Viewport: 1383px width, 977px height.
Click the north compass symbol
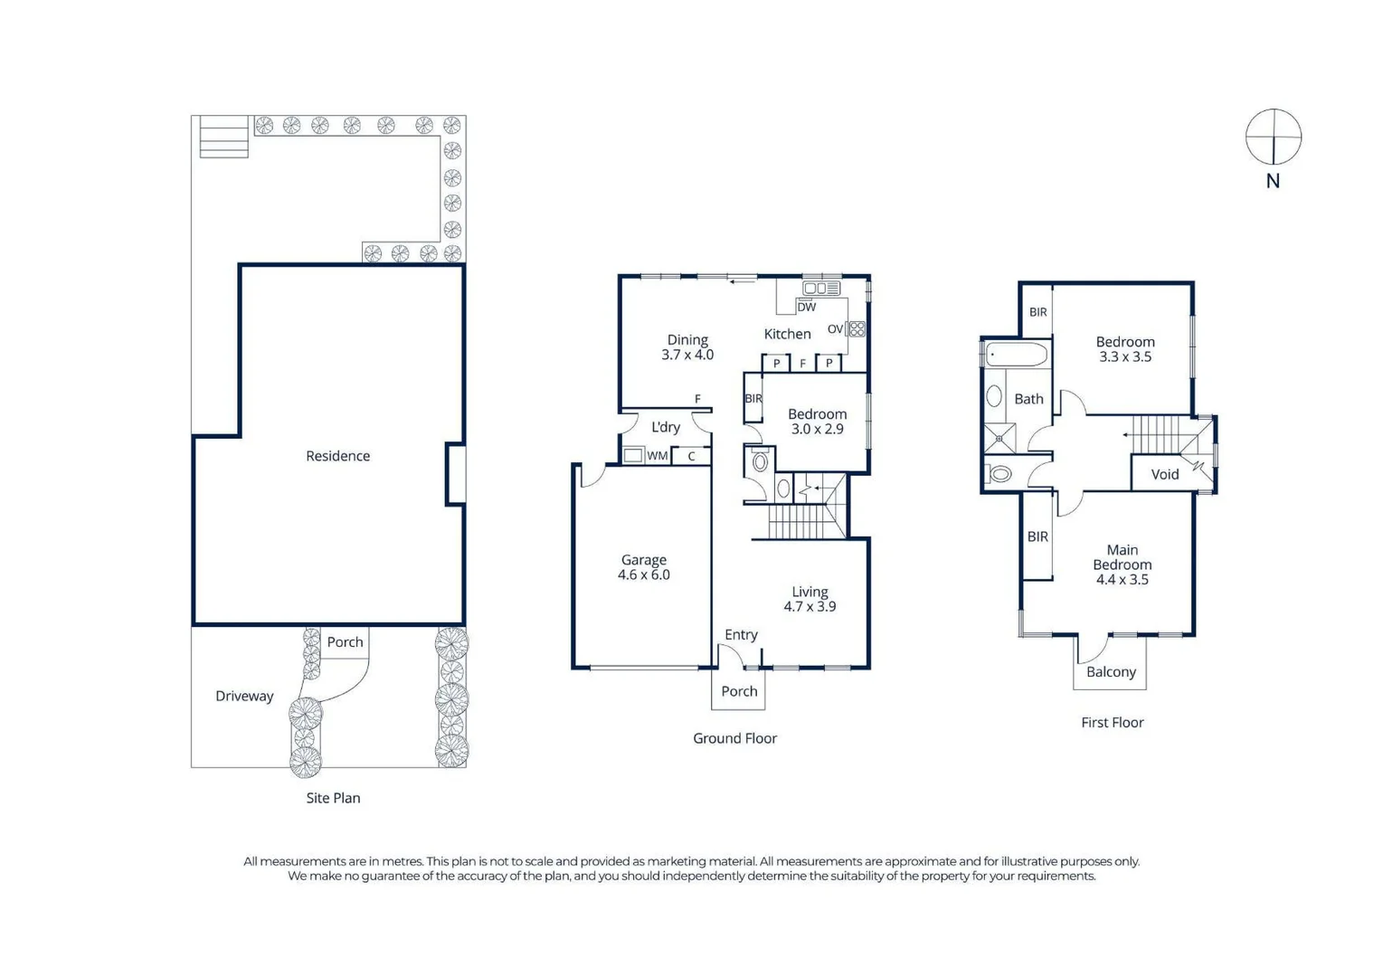click(1273, 137)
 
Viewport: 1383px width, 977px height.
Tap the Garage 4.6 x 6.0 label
click(643, 567)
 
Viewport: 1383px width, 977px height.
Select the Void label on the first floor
click(1164, 474)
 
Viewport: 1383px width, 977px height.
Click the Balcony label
click(1111, 672)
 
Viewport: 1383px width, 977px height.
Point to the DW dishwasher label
click(806, 307)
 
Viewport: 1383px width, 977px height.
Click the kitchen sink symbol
click(821, 288)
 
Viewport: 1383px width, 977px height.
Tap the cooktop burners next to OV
click(857, 328)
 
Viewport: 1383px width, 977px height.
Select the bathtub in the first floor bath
click(1017, 355)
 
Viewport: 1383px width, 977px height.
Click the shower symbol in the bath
click(999, 438)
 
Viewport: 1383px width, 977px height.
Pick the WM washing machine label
click(657, 456)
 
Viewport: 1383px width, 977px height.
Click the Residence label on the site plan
click(337, 456)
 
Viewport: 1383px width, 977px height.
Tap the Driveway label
click(244, 696)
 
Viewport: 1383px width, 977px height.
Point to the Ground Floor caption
click(734, 738)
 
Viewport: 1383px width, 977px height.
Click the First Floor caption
click(1112, 723)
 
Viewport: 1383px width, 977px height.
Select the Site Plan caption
click(333, 798)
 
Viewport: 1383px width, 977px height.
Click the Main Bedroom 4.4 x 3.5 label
click(1122, 564)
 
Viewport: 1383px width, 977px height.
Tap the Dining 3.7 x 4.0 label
click(687, 347)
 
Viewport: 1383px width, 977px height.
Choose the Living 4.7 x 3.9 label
click(810, 599)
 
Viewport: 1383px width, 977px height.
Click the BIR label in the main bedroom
click(1037, 536)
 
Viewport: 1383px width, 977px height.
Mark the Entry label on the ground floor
click(741, 635)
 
